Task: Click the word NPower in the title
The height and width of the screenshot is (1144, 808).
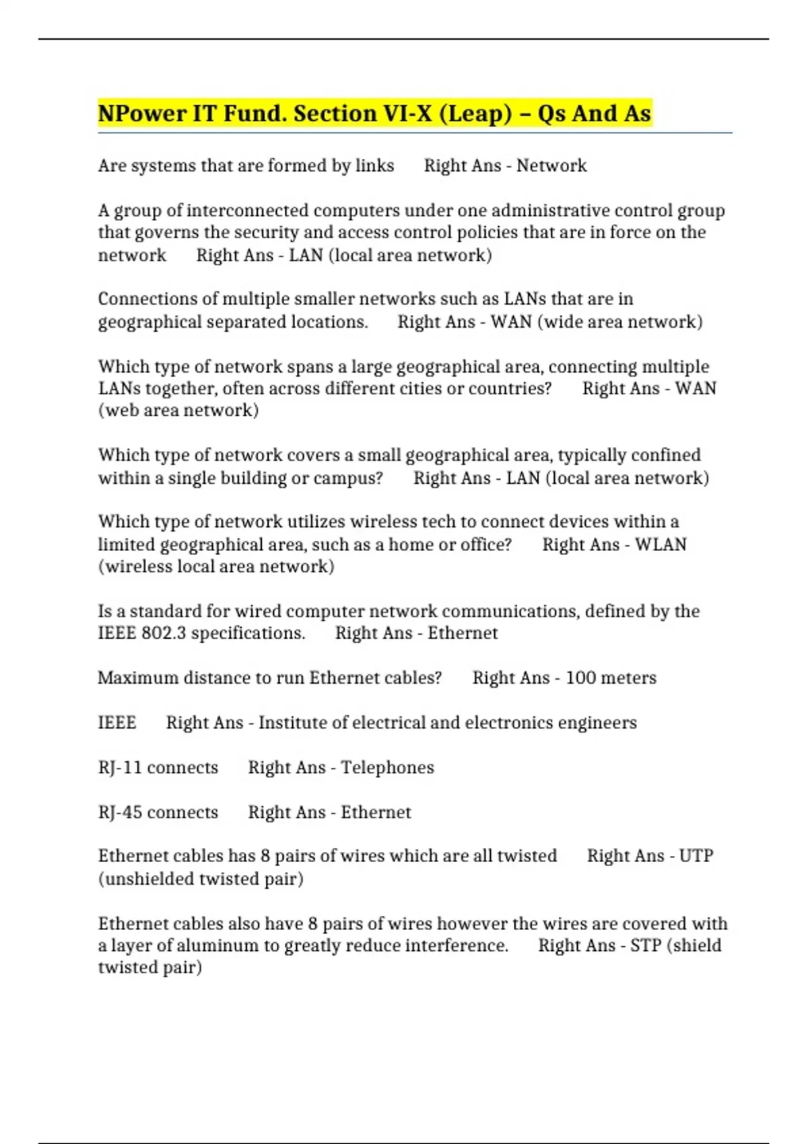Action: (142, 114)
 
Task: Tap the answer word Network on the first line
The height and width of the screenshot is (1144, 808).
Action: (551, 166)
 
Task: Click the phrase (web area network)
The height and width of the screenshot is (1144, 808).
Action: (178, 410)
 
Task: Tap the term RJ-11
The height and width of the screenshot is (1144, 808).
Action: (120, 768)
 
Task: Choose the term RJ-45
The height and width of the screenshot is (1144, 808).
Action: (120, 812)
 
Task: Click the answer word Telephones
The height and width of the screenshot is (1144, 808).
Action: (387, 768)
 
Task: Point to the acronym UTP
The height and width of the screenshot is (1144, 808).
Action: (696, 856)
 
